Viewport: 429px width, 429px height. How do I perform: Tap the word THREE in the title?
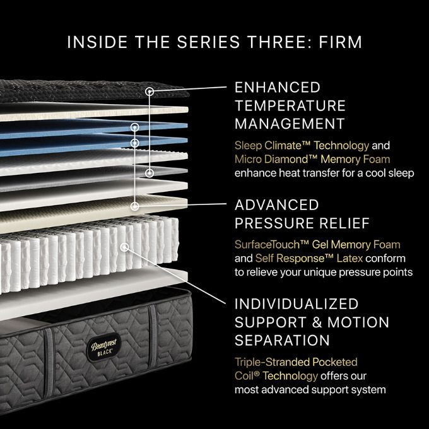coord(264,42)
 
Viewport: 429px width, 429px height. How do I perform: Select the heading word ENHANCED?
coord(278,87)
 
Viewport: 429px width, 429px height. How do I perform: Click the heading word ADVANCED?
coord(277,205)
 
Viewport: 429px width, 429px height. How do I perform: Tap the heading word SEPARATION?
coord(282,340)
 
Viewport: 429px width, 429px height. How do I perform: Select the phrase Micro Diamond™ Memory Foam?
coord(312,159)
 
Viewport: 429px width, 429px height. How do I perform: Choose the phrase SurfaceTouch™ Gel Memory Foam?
coord(317,245)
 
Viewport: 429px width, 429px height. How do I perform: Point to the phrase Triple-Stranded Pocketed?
coord(296,362)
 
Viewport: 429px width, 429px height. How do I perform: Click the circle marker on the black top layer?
coord(150,91)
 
